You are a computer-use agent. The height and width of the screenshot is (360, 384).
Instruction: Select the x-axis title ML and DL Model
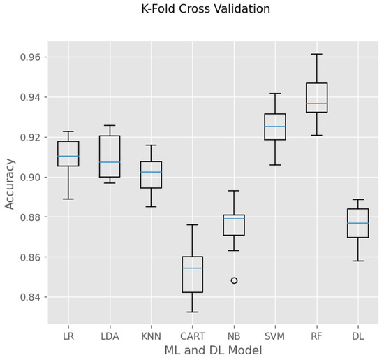tap(213, 350)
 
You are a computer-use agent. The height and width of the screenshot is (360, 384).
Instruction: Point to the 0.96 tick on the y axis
tap(33, 57)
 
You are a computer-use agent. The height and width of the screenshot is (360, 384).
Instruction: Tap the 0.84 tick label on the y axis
tap(33, 298)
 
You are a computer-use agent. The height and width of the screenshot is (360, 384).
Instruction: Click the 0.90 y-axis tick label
tap(33, 178)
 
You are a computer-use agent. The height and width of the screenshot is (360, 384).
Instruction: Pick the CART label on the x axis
tap(192, 336)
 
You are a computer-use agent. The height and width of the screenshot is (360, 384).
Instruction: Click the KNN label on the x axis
tap(151, 336)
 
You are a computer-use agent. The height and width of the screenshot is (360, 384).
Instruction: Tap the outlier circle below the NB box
tap(234, 280)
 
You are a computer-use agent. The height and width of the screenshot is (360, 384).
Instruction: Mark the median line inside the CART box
tap(192, 268)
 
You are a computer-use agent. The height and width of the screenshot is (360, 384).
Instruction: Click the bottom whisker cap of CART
tap(192, 312)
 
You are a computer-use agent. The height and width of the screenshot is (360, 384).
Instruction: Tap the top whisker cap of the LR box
tap(68, 131)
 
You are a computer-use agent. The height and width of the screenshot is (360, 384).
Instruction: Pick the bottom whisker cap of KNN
tap(151, 206)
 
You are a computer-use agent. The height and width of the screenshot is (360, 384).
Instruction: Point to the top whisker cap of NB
tap(234, 191)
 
